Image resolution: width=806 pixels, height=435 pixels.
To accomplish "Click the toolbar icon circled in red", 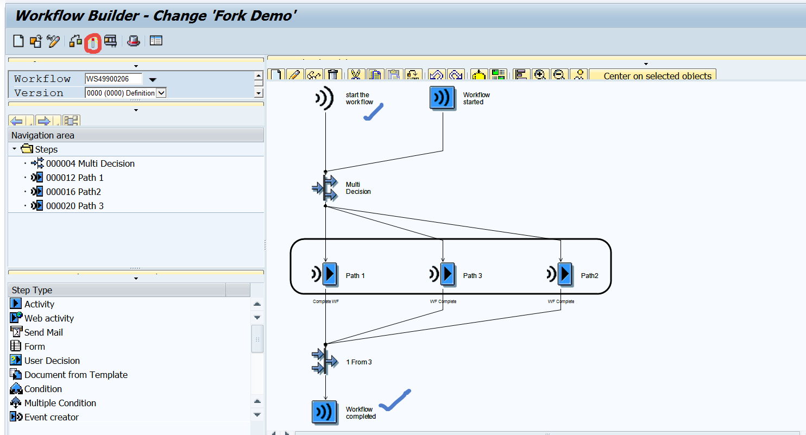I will tap(93, 42).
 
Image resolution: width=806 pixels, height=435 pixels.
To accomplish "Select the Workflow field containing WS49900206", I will tap(114, 79).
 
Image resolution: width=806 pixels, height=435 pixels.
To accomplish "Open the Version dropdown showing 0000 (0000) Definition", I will tap(161, 93).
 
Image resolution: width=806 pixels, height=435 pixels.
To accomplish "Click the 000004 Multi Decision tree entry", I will tap(90, 163).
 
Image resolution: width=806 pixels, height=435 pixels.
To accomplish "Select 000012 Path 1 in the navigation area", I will tap(74, 178).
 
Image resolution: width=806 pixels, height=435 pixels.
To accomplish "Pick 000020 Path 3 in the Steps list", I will tap(74, 206).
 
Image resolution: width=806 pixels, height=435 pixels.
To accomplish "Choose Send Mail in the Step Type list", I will tap(43, 332).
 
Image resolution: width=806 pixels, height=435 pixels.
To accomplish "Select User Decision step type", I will tap(52, 361).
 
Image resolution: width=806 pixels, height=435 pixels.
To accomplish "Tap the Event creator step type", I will tap(51, 417).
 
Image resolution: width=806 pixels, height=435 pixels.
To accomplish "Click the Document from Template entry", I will tap(75, 375).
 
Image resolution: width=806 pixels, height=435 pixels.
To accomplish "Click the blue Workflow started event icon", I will tap(442, 98).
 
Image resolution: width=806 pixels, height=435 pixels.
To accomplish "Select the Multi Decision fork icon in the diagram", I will tap(325, 188).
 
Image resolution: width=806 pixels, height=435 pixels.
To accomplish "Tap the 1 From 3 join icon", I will tap(325, 362).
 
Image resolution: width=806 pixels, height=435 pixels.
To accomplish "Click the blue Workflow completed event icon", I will tap(325, 412).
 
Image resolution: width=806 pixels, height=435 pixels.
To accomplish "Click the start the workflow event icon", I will tap(324, 98).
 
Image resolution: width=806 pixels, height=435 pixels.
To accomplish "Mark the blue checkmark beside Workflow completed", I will tap(395, 400).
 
